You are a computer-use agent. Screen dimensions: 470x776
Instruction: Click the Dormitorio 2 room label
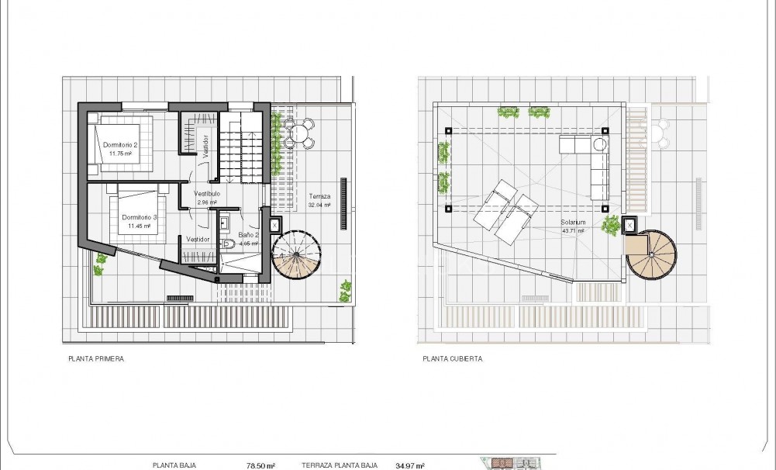click(x=119, y=145)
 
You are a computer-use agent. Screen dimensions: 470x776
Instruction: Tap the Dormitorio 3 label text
click(x=140, y=217)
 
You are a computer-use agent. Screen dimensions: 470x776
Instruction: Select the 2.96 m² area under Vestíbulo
click(x=206, y=202)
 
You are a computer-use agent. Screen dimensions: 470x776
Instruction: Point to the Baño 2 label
click(x=247, y=234)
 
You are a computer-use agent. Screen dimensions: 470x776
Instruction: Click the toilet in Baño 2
click(x=229, y=244)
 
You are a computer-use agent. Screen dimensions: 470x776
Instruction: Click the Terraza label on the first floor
click(x=319, y=197)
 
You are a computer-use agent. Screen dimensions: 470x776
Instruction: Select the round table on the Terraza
click(x=298, y=133)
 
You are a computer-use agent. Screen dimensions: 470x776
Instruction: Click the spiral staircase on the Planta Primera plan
click(x=298, y=256)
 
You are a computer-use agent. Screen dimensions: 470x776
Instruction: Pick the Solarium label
click(x=574, y=223)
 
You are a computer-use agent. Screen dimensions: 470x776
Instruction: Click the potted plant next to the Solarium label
click(x=612, y=226)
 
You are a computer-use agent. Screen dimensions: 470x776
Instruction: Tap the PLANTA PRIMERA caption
click(x=96, y=359)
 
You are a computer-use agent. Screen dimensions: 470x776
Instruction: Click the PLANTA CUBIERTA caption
click(x=453, y=359)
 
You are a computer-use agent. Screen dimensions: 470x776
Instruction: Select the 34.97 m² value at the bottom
click(x=409, y=465)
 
